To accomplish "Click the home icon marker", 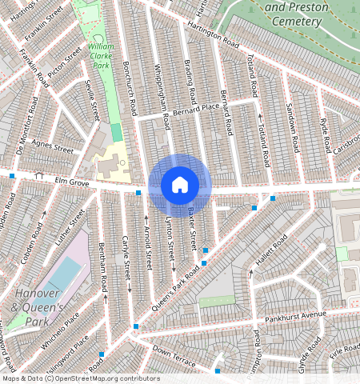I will (180, 185).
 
